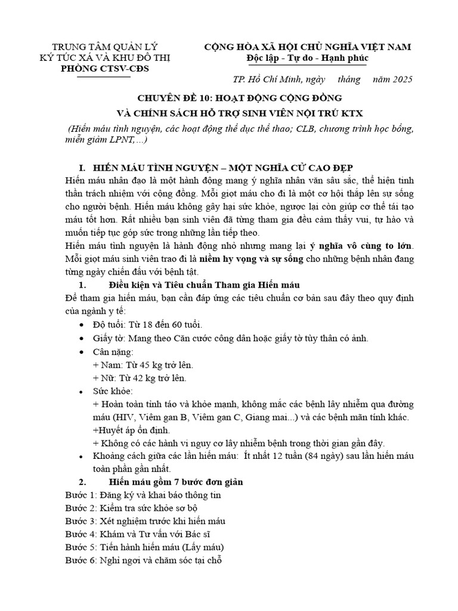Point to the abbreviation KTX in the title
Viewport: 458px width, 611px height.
355,113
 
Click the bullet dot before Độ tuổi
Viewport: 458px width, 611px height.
82,325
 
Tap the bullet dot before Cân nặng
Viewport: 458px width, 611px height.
82,352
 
